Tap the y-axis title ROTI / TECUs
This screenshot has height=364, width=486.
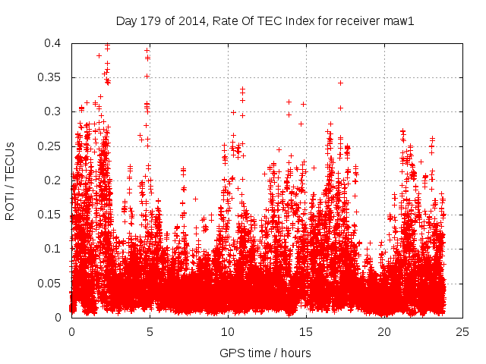pyautogui.click(x=11, y=180)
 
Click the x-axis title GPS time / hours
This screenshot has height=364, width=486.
pyautogui.click(x=265, y=353)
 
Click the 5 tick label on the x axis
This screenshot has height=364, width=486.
pyautogui.click(x=150, y=331)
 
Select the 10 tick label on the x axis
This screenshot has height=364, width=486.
pyautogui.click(x=228, y=331)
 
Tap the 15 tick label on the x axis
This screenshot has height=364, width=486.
pyautogui.click(x=306, y=331)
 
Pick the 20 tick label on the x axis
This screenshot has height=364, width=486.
pyautogui.click(x=384, y=331)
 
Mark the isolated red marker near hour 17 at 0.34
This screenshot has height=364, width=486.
pyautogui.click(x=341, y=83)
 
